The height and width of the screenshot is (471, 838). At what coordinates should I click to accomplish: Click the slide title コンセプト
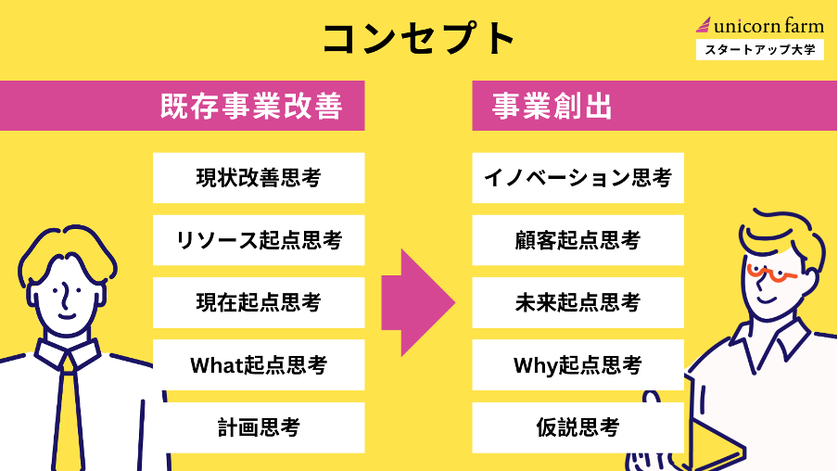pos(419,39)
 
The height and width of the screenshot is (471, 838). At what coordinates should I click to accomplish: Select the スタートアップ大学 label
pos(759,50)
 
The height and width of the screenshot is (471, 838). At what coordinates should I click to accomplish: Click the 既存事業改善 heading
pos(251,107)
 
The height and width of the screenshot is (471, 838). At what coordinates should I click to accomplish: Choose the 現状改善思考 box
pos(259,178)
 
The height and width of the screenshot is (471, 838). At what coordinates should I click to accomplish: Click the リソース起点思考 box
pos(259,240)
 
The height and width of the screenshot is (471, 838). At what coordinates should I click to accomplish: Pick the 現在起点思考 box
pos(259,302)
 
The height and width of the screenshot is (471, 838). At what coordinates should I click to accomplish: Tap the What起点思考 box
pos(259,365)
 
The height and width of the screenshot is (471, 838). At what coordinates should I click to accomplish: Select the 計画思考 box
pos(259,427)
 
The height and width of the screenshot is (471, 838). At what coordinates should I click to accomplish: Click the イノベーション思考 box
pos(578,178)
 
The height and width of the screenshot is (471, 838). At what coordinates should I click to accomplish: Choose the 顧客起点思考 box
pos(578,240)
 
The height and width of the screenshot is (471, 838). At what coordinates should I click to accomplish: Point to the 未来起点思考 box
pos(578,302)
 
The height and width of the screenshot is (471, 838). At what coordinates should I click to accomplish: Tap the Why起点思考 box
pos(578,365)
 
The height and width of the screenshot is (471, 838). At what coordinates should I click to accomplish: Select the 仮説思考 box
pos(578,427)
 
